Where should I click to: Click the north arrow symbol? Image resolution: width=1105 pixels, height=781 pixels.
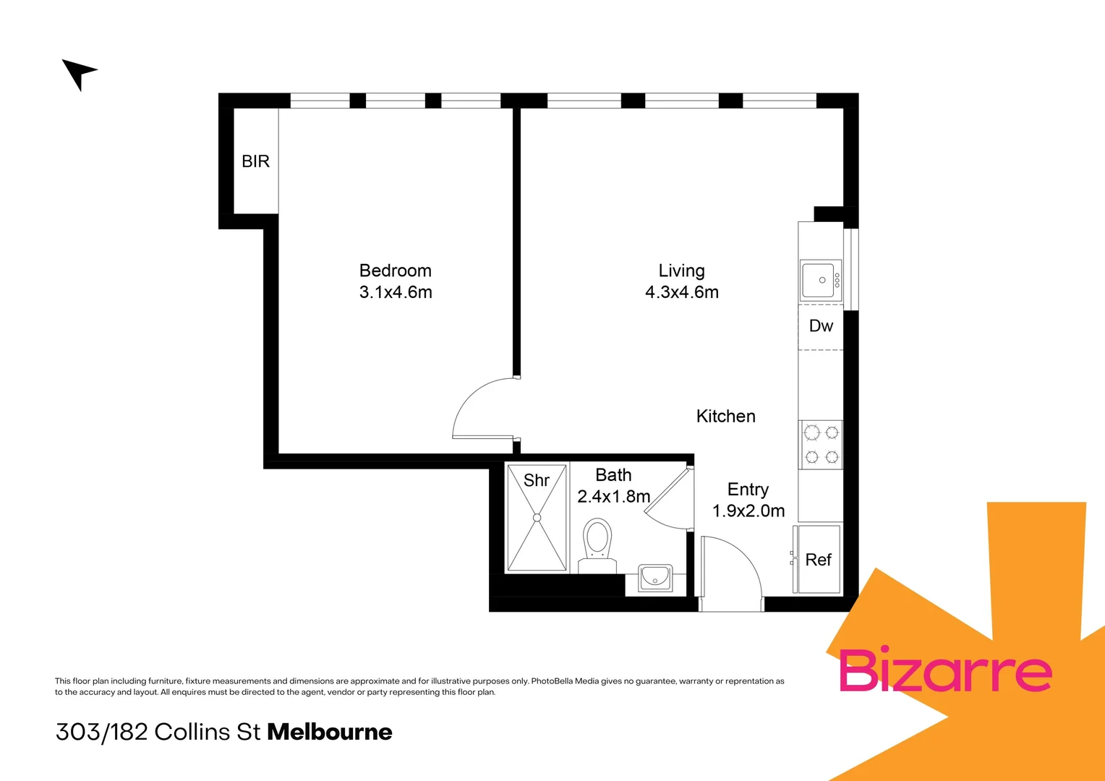77,73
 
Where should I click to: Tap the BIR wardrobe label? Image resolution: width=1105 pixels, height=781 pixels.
255,161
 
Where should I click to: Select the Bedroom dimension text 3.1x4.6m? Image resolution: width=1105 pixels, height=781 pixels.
396,292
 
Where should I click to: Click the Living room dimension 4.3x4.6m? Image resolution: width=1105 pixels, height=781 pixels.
681,292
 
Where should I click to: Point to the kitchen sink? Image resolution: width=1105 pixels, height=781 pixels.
821,280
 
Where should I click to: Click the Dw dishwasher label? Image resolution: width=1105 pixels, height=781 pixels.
821,326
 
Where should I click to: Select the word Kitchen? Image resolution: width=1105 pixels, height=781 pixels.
725,417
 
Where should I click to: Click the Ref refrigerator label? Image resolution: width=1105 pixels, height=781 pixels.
818,560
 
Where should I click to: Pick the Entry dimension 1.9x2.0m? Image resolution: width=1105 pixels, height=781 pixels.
748,511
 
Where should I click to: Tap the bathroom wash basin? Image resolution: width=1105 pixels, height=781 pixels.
655,578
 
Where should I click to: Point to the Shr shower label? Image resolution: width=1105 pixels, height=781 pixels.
536,480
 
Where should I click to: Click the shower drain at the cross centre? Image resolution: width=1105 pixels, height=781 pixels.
537,518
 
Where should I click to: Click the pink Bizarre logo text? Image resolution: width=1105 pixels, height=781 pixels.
944,670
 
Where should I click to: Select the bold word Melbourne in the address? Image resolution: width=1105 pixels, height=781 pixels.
330,732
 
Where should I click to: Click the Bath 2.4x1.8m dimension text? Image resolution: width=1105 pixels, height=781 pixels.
613,497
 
